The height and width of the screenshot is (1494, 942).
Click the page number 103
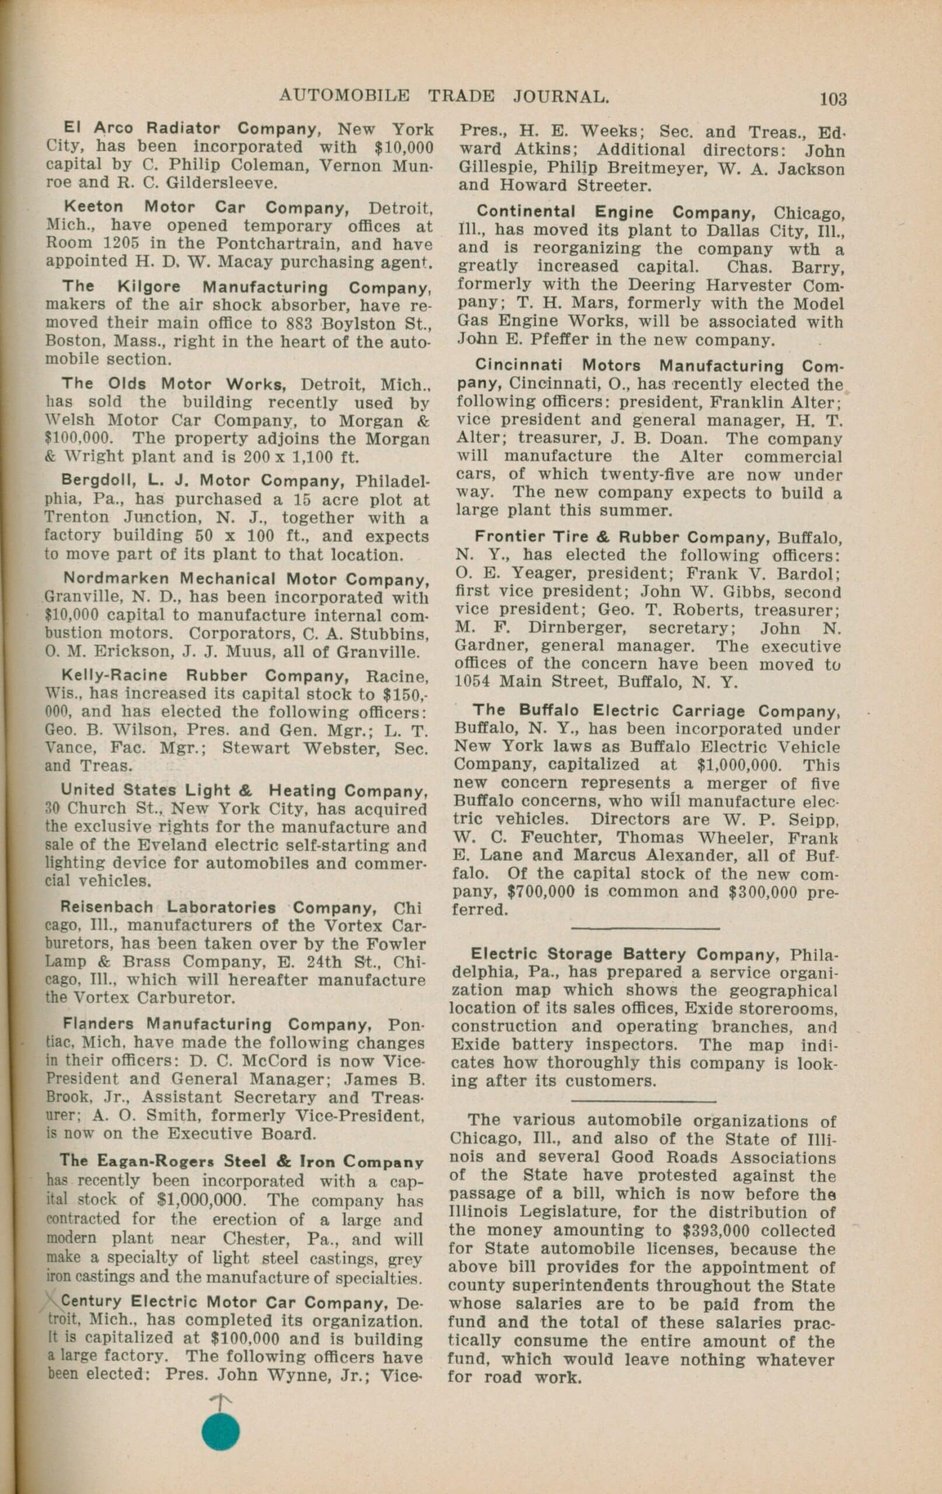[832, 99]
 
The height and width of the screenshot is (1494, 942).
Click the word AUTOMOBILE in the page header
[344, 96]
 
